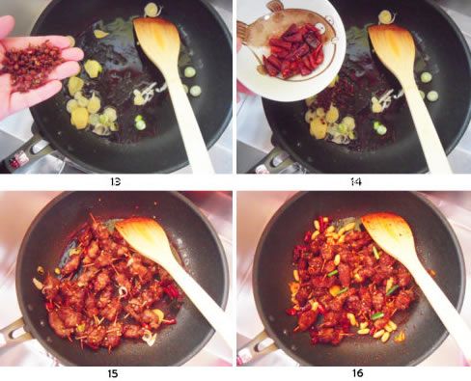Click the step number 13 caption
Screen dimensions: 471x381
[x=116, y=181]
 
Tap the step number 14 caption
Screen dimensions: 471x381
[x=356, y=182]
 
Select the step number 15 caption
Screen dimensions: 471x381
[x=113, y=373]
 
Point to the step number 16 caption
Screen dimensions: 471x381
[x=357, y=373]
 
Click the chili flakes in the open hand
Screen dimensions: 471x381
[x=31, y=65]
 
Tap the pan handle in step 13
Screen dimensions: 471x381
[x=26, y=151]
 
